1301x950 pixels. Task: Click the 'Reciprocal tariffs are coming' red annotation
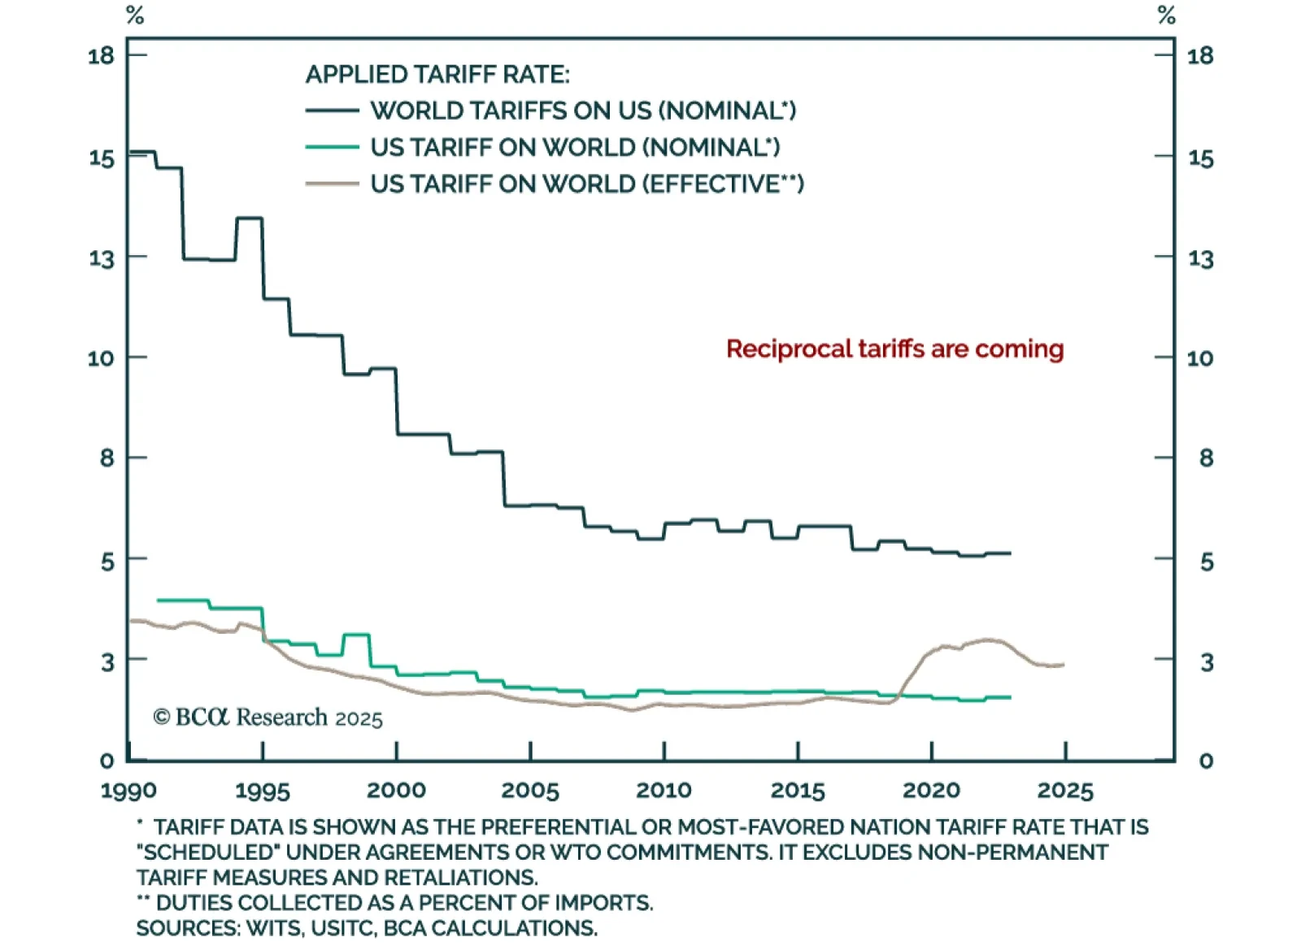pos(894,349)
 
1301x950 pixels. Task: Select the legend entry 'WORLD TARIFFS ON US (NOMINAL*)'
pos(583,111)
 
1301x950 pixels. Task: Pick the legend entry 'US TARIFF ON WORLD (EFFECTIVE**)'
pos(587,184)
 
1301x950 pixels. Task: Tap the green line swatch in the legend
pos(332,147)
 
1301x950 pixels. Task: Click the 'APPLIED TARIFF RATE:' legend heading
pos(437,75)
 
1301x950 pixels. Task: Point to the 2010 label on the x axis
pos(664,791)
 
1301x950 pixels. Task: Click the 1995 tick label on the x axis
pos(262,791)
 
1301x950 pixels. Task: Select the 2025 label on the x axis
pos(1065,791)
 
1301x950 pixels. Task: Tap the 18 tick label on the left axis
pos(102,56)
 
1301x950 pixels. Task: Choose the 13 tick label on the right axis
pos(1200,259)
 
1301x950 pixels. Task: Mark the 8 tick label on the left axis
pos(107,458)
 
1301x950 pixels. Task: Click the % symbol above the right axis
pos(1167,15)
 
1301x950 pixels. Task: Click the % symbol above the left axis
pos(135,15)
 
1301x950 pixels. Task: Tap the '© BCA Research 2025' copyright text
pos(268,718)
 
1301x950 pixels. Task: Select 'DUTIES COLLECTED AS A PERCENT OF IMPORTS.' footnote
pos(404,903)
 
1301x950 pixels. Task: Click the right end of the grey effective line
pos(1064,665)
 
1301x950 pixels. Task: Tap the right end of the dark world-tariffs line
pos(1010,553)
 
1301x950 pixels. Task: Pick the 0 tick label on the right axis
pos(1206,761)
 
